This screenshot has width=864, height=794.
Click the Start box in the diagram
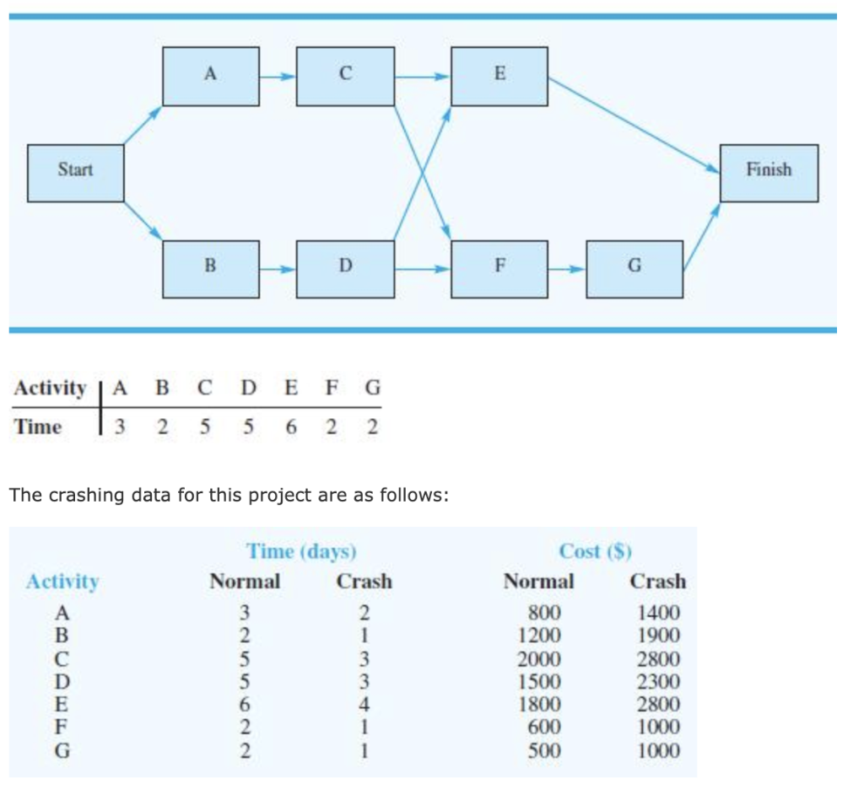76,173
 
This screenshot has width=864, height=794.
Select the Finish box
769,173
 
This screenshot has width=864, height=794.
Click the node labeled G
634,269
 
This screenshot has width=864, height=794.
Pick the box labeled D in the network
345,269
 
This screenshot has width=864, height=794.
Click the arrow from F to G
566,269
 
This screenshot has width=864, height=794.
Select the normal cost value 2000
538,659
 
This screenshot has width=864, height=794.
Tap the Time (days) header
301,551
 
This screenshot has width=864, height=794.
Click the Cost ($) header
596,551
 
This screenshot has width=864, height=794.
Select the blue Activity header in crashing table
62,582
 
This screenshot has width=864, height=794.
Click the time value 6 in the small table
291,427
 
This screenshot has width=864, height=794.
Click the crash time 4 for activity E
364,705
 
